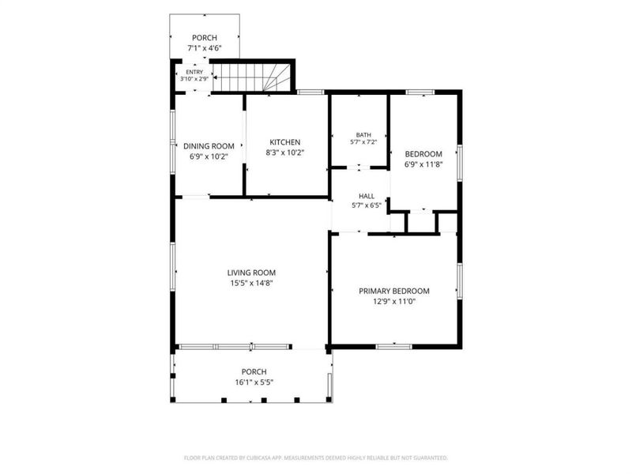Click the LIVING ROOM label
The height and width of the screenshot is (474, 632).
(251, 273)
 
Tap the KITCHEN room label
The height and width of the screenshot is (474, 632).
(285, 142)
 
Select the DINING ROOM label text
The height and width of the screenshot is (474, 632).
(209, 146)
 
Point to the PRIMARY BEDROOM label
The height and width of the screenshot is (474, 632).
(394, 291)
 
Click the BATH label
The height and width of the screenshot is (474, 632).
(363, 134)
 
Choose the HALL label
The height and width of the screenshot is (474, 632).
(367, 196)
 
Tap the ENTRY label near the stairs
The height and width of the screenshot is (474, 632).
(194, 72)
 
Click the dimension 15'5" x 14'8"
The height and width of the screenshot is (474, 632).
(251, 283)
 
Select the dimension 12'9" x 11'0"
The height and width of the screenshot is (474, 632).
(394, 302)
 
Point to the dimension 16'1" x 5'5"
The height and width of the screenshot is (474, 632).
(254, 382)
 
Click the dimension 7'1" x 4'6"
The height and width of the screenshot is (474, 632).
(205, 48)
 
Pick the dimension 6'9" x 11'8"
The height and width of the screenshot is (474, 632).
(423, 164)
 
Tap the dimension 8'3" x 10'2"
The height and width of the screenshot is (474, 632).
(285, 152)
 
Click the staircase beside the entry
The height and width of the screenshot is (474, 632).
(252, 77)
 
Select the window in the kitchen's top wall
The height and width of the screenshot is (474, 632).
(310, 92)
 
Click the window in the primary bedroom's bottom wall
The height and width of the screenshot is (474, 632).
(394, 347)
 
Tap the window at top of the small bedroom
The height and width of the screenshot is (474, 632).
(420, 92)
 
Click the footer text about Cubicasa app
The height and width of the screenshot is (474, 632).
(316, 458)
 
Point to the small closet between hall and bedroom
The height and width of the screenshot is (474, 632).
(422, 222)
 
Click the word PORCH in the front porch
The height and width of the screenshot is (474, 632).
(254, 371)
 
